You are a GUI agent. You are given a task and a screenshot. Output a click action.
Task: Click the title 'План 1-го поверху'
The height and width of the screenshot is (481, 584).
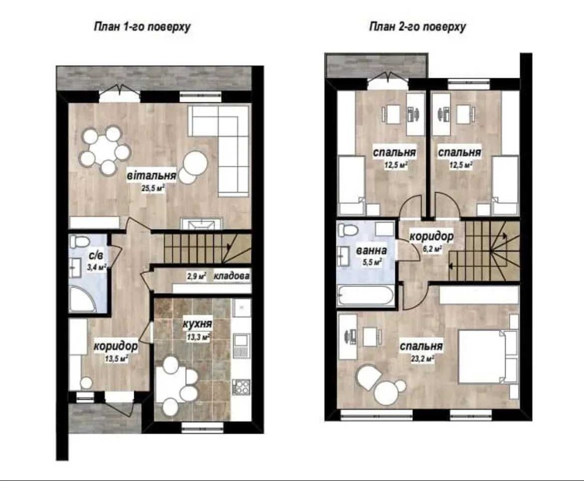pos(142,27)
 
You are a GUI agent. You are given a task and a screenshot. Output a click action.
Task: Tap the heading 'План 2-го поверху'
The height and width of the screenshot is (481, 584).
pos(418,27)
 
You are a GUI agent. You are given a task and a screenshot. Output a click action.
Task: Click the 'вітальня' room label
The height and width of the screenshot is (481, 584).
pos(151,175)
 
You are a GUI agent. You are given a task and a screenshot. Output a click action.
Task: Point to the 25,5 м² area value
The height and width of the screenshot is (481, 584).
pos(153,188)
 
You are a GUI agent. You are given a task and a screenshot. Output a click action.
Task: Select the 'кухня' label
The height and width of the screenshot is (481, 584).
pos(197,324)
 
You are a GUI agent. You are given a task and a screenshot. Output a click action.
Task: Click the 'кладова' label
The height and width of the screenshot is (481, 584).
pos(231,276)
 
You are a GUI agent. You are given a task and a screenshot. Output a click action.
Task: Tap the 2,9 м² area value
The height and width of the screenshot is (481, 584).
pos(197,276)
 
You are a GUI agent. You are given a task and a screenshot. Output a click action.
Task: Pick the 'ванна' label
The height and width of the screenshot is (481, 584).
pos(371,251)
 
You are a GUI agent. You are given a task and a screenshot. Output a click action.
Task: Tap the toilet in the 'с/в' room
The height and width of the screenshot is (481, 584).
pos(78,241)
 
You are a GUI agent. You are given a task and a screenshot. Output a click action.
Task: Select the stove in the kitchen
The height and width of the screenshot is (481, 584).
pos(241,387)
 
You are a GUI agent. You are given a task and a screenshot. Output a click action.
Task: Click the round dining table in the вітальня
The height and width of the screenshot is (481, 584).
pos(104,151)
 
